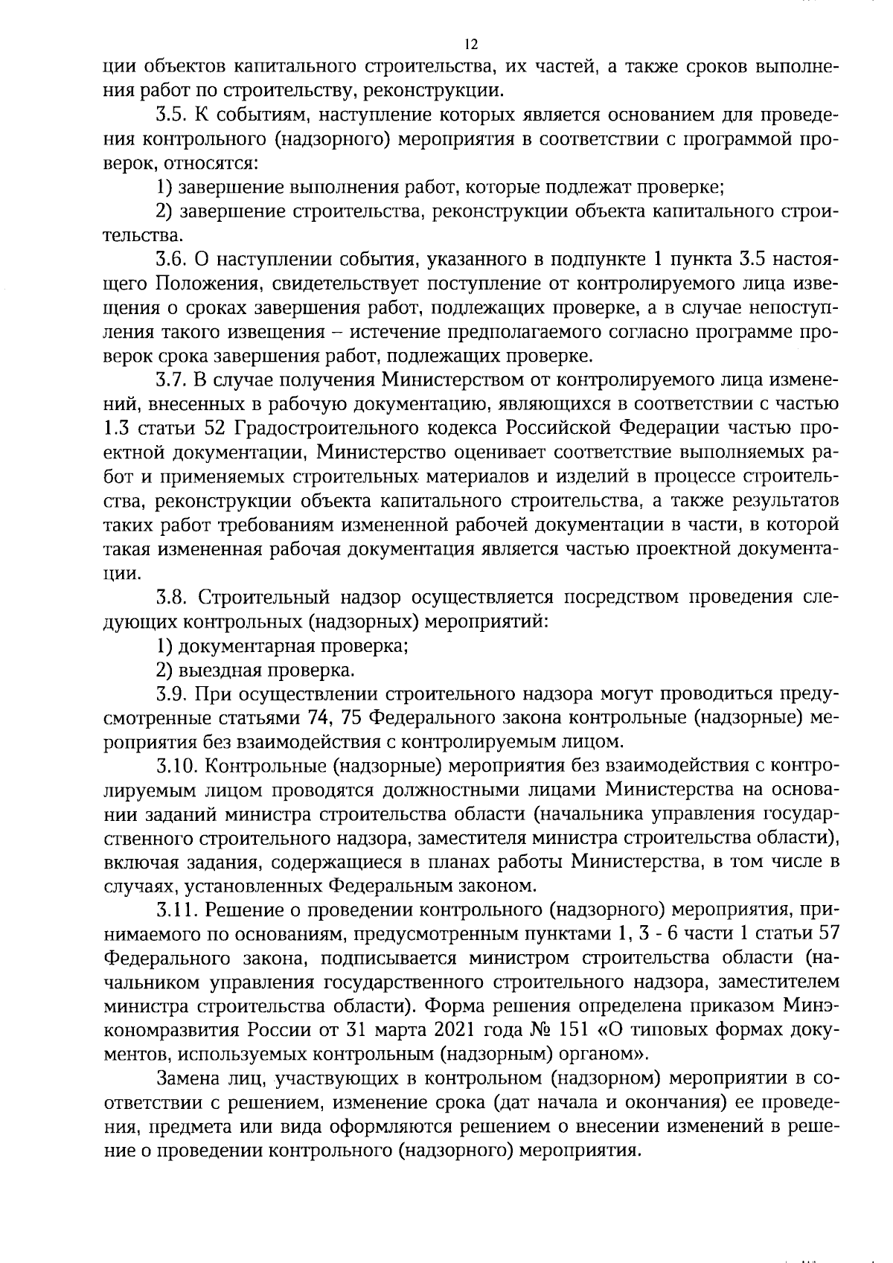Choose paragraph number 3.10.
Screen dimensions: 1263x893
point(176,766)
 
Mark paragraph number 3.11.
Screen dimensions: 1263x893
point(176,910)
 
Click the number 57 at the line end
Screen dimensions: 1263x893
point(828,934)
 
